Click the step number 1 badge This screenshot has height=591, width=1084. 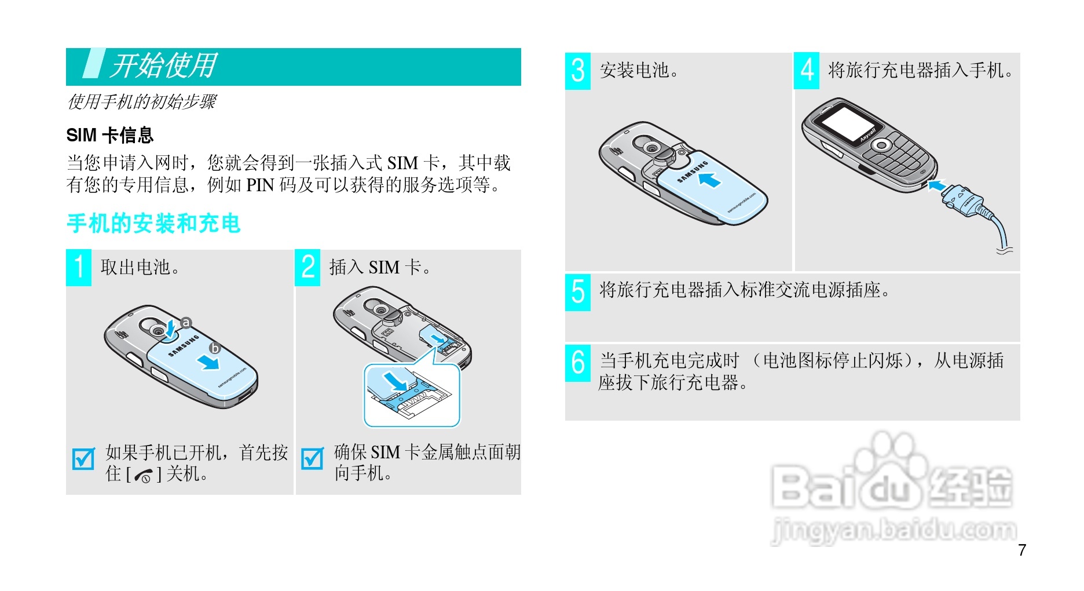click(x=79, y=267)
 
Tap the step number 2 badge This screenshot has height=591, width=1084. click(x=307, y=267)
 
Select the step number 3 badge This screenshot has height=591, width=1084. click(x=578, y=71)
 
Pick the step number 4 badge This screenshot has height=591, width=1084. click(x=807, y=71)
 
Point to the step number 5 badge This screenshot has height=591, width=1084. click(x=578, y=292)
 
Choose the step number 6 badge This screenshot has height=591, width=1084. click(x=578, y=363)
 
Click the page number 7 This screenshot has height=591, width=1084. click(x=1022, y=550)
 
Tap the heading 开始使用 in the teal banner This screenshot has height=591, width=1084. click(x=164, y=65)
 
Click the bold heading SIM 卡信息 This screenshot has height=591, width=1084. click(x=110, y=135)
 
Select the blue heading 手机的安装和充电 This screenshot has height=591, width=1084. click(x=153, y=224)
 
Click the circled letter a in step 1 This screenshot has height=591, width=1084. click(x=186, y=323)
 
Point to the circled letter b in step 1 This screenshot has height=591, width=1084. click(x=215, y=348)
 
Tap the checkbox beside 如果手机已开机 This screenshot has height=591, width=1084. click(x=83, y=459)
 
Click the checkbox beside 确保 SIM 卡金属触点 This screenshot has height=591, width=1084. click(x=312, y=459)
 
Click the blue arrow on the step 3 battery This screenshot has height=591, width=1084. click(x=709, y=180)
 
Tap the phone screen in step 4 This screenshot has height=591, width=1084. click(x=847, y=125)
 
